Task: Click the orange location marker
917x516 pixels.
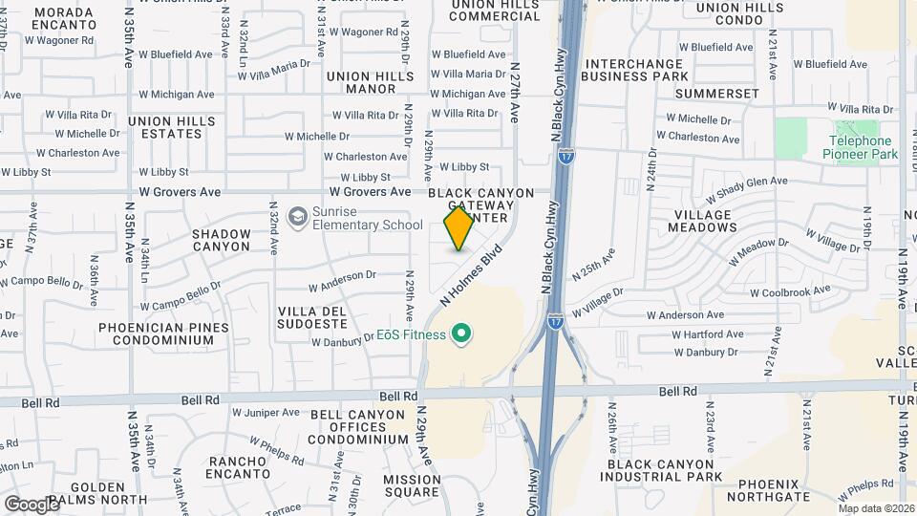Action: click(458, 227)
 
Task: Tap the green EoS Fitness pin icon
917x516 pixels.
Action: click(462, 334)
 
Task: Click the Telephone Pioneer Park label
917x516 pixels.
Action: click(860, 147)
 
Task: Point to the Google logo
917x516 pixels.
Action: click(31, 504)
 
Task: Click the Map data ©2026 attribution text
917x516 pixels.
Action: click(876, 508)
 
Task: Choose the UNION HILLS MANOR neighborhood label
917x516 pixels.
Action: click(360, 82)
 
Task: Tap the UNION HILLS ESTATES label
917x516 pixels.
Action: click(164, 127)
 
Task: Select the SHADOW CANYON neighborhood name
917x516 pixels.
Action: click(222, 239)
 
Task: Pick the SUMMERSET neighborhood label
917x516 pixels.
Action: click(717, 94)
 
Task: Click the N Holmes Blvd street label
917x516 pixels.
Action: click(472, 277)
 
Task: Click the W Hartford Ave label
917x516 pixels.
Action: click(708, 334)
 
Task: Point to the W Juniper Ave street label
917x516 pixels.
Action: click(267, 413)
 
